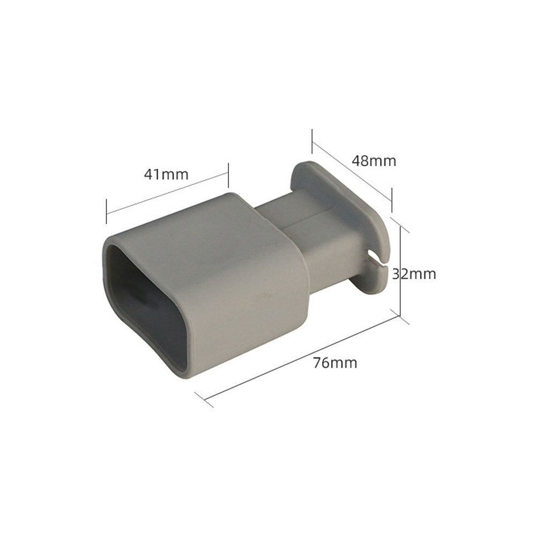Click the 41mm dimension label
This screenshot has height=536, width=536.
tap(166, 174)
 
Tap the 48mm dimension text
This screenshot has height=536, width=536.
tap(374, 161)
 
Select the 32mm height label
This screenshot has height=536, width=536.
tap(414, 274)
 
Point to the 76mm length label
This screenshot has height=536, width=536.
tap(335, 363)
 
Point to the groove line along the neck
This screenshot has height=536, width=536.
tap(308, 219)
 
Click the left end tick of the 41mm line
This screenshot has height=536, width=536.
tap(107, 211)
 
